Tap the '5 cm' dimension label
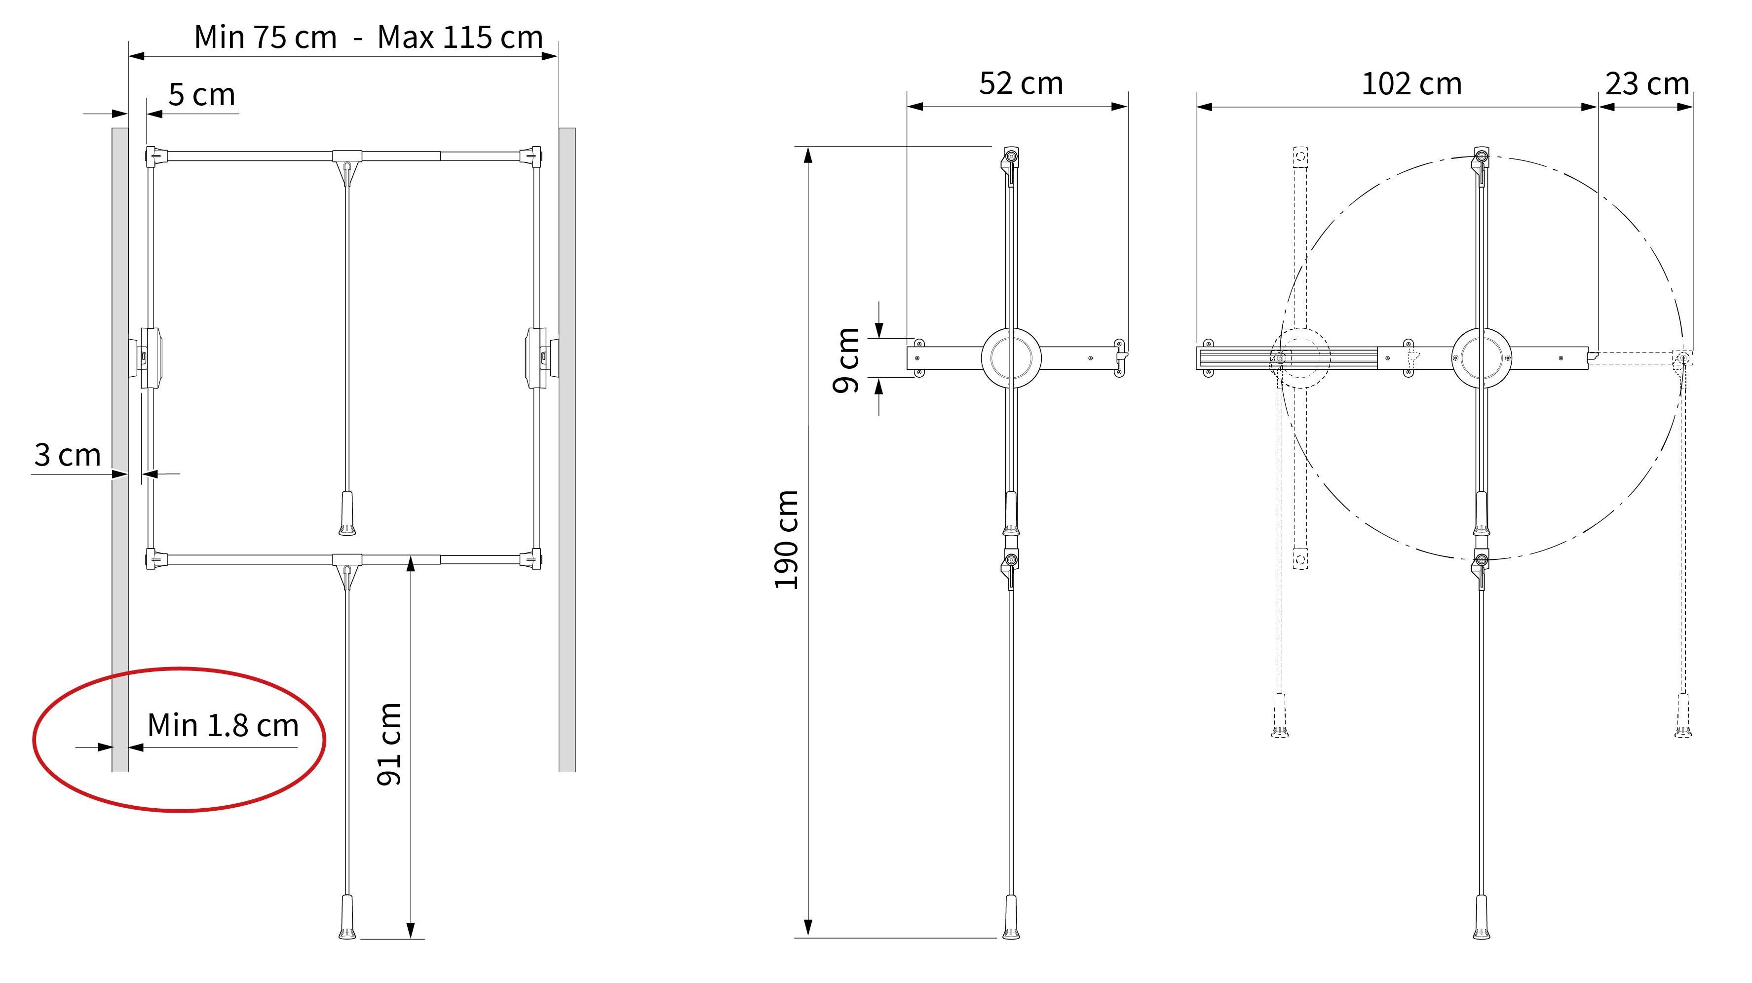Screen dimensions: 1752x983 point(201,95)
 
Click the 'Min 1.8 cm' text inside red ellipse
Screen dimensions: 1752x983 point(223,725)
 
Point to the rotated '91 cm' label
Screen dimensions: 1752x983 point(389,744)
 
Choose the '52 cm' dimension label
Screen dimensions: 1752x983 point(1021,83)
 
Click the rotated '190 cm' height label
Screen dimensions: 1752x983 point(786,540)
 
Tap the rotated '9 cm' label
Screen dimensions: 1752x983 point(846,360)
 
